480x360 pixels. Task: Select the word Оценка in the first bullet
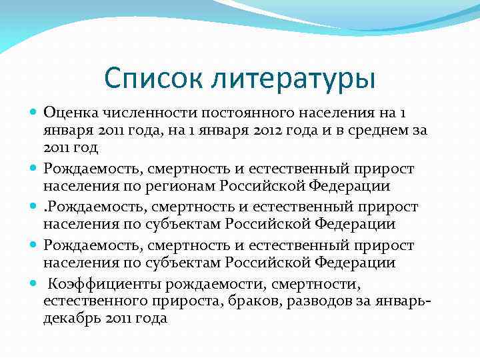71,111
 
